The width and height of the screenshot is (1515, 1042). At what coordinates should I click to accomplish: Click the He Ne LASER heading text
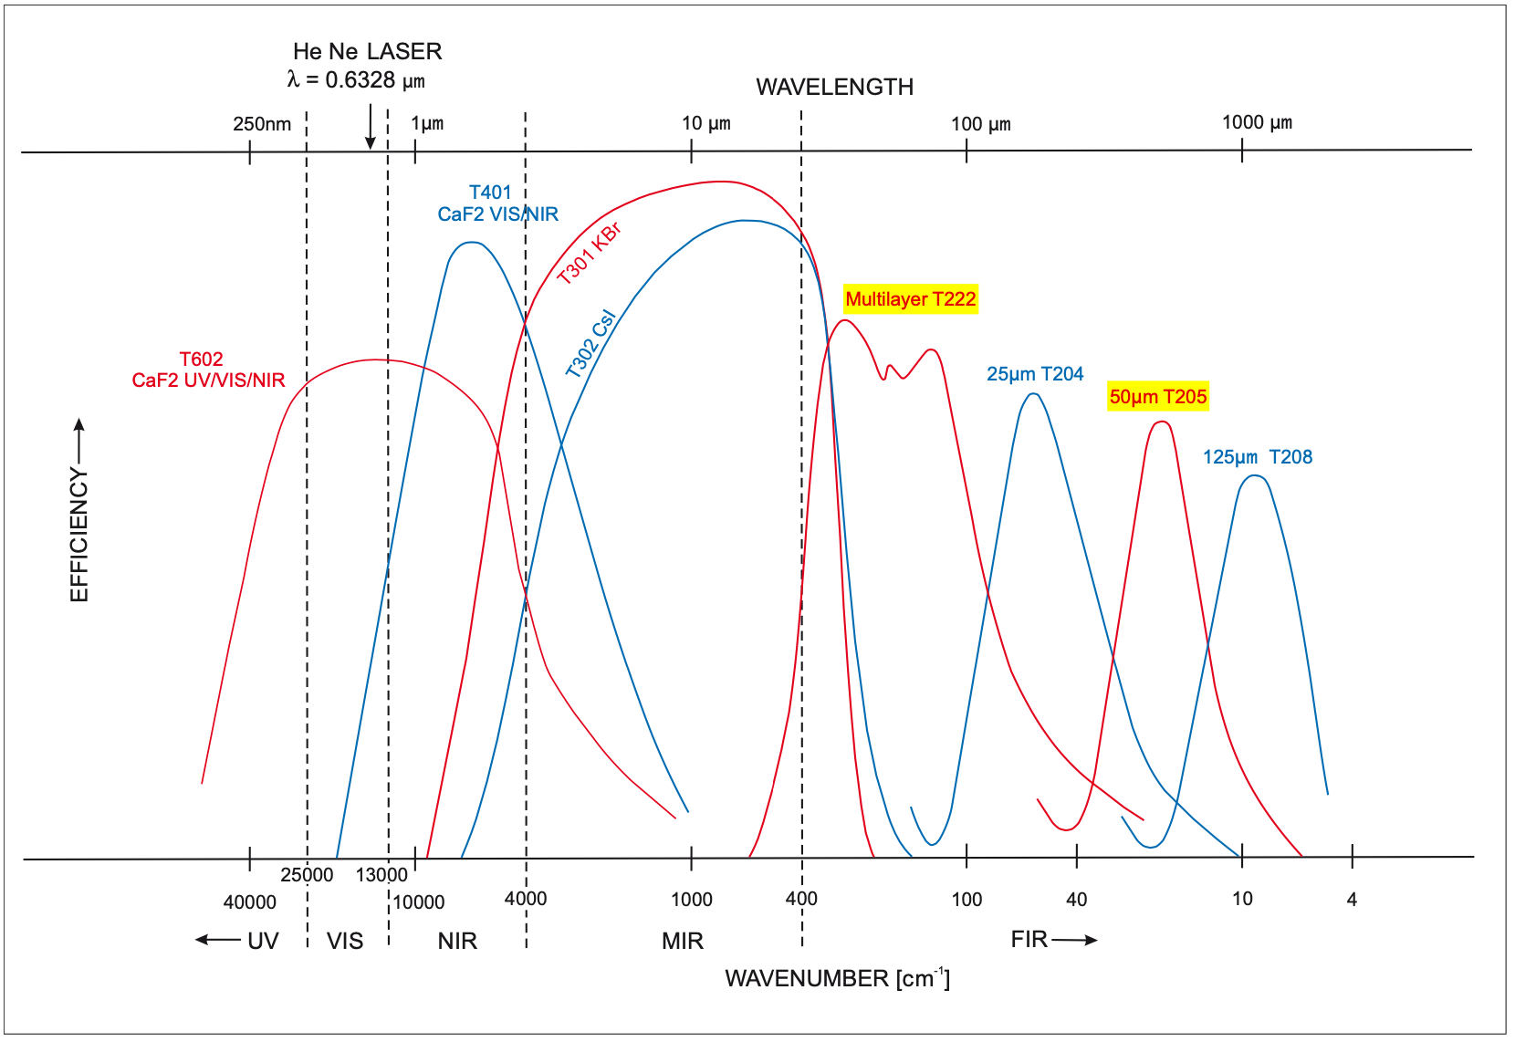coord(367,51)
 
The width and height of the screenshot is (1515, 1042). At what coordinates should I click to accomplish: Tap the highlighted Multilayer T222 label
coord(910,299)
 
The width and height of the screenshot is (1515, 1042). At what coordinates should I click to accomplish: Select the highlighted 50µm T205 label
coord(1157,397)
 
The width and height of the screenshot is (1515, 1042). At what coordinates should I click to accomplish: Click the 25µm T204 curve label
coord(1034,374)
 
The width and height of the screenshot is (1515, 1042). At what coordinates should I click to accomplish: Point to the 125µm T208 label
coord(1257,457)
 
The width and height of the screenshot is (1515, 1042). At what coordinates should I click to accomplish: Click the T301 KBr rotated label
coord(589,253)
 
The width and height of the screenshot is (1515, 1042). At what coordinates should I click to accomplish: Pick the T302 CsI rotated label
coord(590,344)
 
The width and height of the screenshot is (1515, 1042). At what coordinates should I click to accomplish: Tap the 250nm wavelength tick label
coord(262,124)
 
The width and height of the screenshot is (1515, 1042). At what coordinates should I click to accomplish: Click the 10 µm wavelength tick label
coord(705,123)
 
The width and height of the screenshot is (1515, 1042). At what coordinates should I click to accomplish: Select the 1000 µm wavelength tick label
coord(1257,122)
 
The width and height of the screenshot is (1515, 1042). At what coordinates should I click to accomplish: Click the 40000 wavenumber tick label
coord(249,902)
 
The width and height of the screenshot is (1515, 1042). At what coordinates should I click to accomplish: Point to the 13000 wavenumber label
coord(381,875)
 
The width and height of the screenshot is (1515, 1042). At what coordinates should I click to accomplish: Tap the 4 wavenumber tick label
coord(1352,900)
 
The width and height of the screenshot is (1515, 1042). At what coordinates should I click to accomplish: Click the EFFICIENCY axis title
coord(79,534)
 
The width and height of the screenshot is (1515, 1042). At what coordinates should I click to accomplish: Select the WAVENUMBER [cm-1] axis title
coord(837,978)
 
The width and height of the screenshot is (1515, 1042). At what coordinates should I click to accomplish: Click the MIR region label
coord(682,941)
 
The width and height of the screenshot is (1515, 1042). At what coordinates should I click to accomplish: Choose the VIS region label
coord(345,941)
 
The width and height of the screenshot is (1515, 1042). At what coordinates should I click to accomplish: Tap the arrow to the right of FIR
coord(1074,940)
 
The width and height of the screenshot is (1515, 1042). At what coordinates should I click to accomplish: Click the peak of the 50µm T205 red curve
coord(1160,422)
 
